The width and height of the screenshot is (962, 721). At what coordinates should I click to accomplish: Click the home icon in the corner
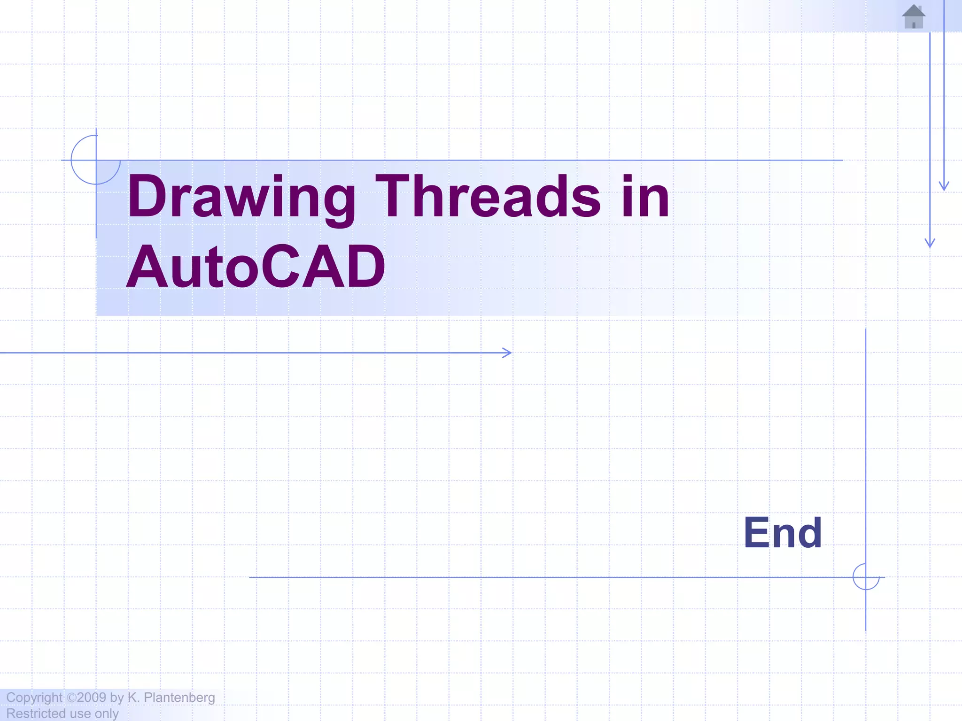tap(914, 17)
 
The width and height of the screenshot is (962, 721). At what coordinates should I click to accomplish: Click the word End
tap(783, 533)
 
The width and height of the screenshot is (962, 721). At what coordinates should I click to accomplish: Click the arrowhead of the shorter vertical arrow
tap(944, 186)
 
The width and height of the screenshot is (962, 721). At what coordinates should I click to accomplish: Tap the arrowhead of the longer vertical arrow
tap(930, 243)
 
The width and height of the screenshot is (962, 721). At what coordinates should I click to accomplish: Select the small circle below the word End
tap(866, 577)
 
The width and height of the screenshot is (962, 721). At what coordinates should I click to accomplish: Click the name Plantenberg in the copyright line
tap(179, 698)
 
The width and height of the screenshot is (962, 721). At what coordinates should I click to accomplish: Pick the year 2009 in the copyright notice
tap(92, 698)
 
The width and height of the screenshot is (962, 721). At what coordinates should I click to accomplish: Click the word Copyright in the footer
tap(34, 698)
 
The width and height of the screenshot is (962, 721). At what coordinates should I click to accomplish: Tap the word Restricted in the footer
tap(35, 713)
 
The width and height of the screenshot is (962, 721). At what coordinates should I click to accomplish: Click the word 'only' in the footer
tap(107, 713)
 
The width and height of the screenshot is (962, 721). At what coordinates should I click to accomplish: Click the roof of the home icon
tap(914, 10)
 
